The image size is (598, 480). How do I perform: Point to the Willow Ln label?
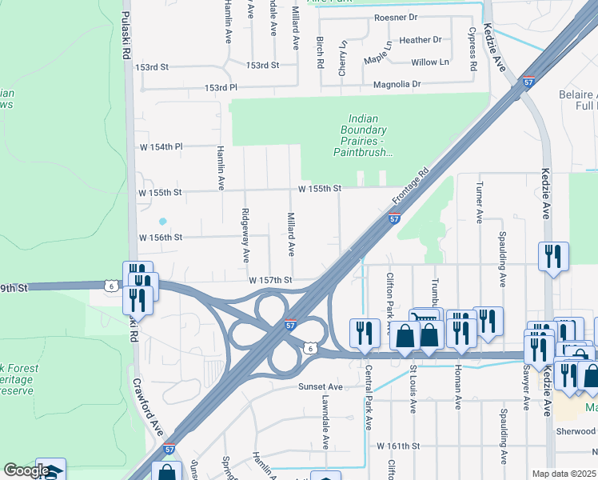pos(429,62)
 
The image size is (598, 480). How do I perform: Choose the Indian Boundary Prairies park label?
pos(364,135)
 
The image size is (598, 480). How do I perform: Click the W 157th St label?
pos(271,281)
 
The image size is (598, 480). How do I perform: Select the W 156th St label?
pos(161,238)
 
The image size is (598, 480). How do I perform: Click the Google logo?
pos(26,470)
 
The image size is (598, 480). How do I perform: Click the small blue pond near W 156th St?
pos(163,221)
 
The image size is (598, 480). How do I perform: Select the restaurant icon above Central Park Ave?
pos(365,333)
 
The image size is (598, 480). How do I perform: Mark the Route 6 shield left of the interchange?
pos(110,286)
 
